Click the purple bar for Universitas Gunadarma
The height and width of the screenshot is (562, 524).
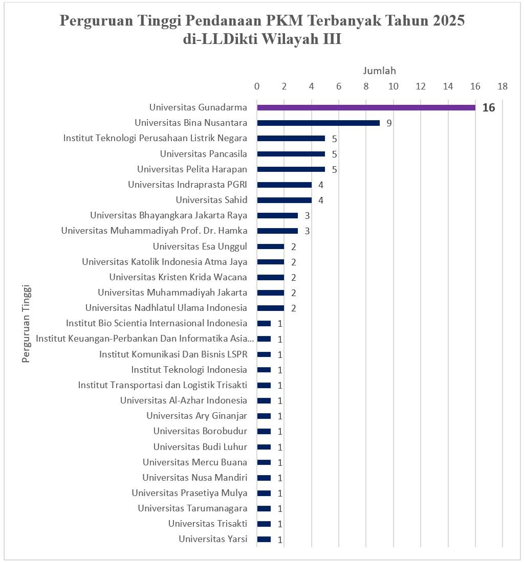[366, 107]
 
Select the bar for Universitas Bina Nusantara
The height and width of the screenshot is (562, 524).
[318, 123]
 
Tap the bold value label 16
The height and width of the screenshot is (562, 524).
[489, 108]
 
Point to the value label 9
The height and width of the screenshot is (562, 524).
[389, 123]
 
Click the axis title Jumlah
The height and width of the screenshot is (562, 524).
[380, 71]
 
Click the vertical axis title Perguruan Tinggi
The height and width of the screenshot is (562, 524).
[27, 323]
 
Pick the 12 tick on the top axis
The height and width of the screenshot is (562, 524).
[421, 87]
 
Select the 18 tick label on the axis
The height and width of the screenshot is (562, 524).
[503, 87]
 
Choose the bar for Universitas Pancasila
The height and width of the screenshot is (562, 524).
[291, 153]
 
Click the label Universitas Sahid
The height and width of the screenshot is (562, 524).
[211, 200]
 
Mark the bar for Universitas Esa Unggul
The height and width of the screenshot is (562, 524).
[270, 246]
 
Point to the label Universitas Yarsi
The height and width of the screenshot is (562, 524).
[213, 539]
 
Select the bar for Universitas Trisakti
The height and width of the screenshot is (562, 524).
[264, 524]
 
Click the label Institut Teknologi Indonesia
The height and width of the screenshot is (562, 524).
[189, 370]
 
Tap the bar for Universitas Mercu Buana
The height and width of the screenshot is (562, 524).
[264, 462]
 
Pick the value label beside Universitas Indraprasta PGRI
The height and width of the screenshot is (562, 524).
[321, 185]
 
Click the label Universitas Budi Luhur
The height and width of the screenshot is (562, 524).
[200, 447]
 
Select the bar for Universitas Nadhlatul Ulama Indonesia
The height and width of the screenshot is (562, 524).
[270, 308]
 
